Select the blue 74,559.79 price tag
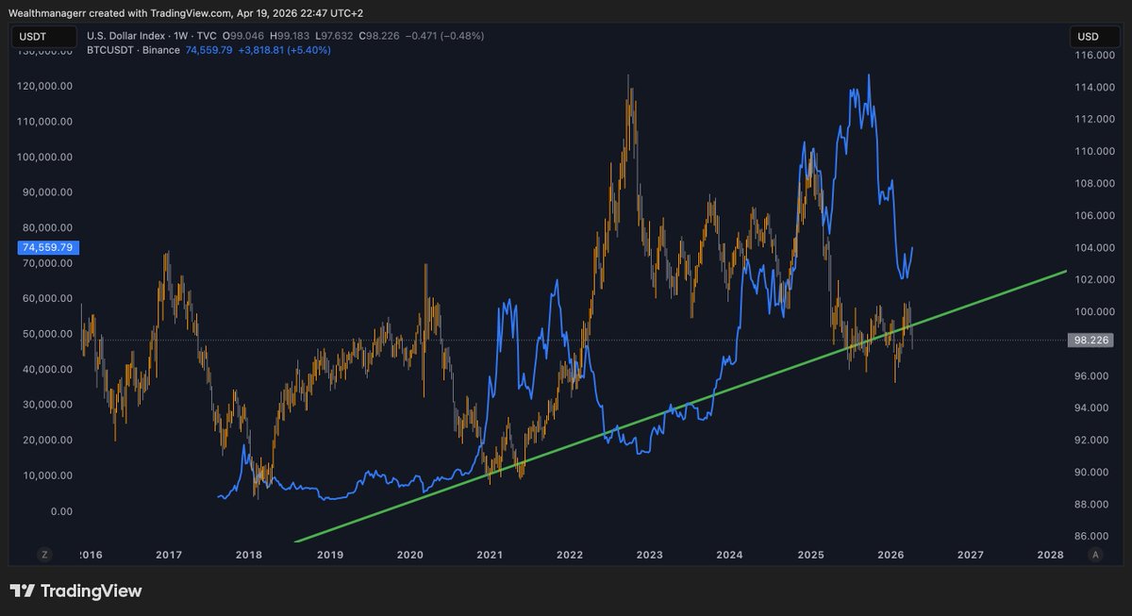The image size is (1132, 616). click(x=48, y=247)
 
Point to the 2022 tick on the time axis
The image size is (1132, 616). click(x=568, y=555)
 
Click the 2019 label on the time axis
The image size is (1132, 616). click(x=329, y=555)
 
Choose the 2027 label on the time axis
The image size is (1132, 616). click(x=971, y=555)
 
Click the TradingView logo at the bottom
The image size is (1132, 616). click(x=76, y=591)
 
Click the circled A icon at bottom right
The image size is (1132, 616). click(x=1095, y=555)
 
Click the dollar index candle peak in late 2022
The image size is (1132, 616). click(x=628, y=75)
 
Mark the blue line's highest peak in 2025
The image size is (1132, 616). click(x=868, y=75)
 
